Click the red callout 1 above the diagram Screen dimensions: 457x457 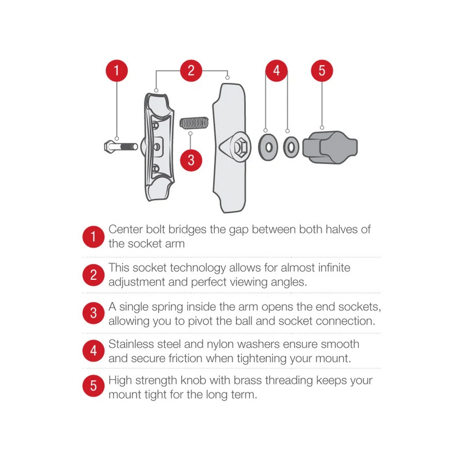(x=117, y=70)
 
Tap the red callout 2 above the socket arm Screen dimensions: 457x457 (x=191, y=70)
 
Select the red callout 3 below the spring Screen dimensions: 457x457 (x=191, y=160)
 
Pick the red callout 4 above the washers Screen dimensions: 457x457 (x=276, y=70)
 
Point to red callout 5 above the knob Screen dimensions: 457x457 (x=322, y=70)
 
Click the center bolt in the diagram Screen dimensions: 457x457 (x=121, y=146)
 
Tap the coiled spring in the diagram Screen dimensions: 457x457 (x=194, y=123)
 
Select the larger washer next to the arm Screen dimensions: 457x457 (x=268, y=147)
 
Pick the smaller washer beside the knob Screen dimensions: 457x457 (x=291, y=147)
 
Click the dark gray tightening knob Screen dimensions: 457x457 (x=330, y=147)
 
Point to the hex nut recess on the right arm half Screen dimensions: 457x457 (x=240, y=147)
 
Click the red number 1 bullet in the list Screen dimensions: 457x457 (x=93, y=236)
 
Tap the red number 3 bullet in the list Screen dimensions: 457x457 (x=93, y=313)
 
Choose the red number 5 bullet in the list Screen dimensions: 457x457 (x=93, y=386)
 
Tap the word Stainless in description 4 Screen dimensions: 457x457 (x=130, y=344)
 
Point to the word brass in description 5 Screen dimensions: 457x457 (x=248, y=380)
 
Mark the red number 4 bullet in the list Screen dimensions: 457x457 (x=93, y=351)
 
